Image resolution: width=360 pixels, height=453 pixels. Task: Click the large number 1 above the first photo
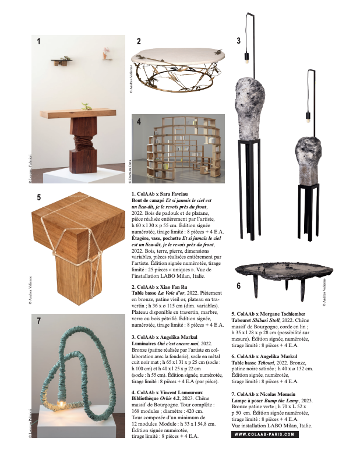pyautogui.click(x=38, y=41)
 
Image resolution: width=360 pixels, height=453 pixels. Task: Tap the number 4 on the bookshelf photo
pyautogui.click(x=139, y=121)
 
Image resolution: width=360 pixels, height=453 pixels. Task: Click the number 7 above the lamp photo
pyautogui.click(x=38, y=321)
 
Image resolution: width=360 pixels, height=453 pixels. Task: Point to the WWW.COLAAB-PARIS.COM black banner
pyautogui.click(x=265, y=434)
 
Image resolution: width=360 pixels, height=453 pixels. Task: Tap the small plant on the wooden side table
pyautogui.click(x=86, y=107)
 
